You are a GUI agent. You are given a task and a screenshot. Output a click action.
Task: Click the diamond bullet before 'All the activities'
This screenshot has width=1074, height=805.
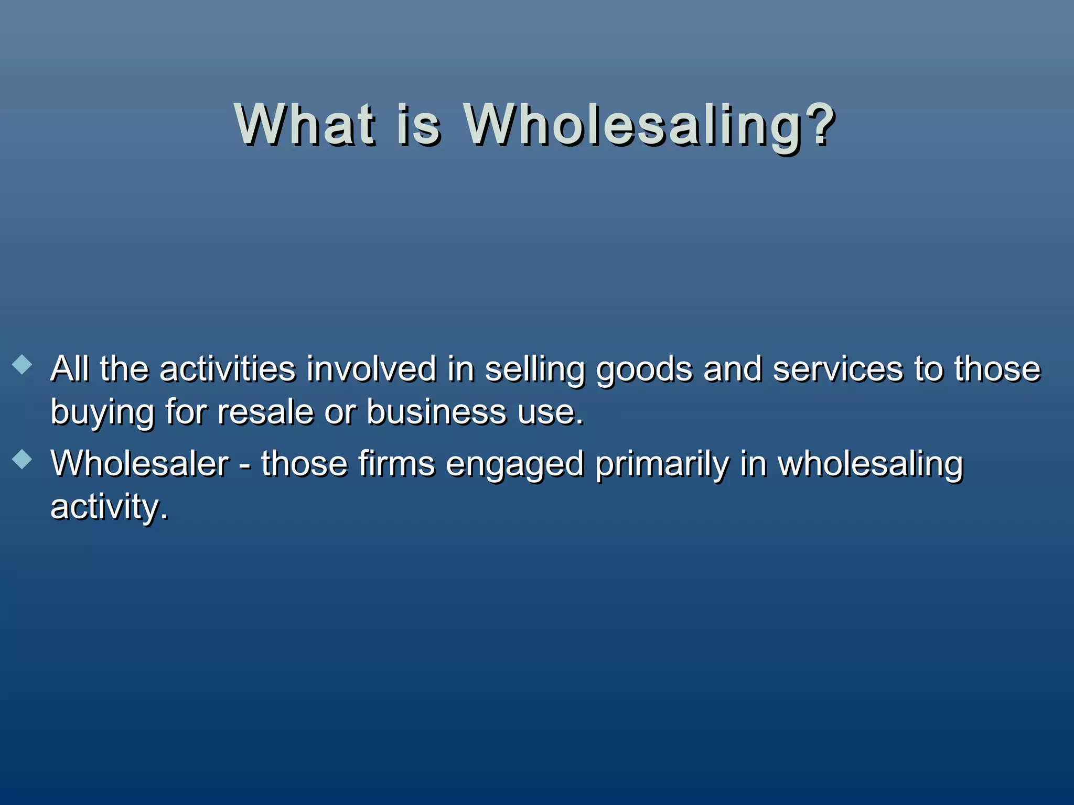22,365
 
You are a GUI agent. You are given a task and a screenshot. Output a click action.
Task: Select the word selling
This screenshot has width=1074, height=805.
534,370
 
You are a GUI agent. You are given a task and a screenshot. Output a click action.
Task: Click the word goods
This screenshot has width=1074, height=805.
644,370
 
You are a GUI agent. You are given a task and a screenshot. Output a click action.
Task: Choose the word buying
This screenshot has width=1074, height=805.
102,413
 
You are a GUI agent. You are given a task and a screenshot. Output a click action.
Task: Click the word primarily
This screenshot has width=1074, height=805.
662,465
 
